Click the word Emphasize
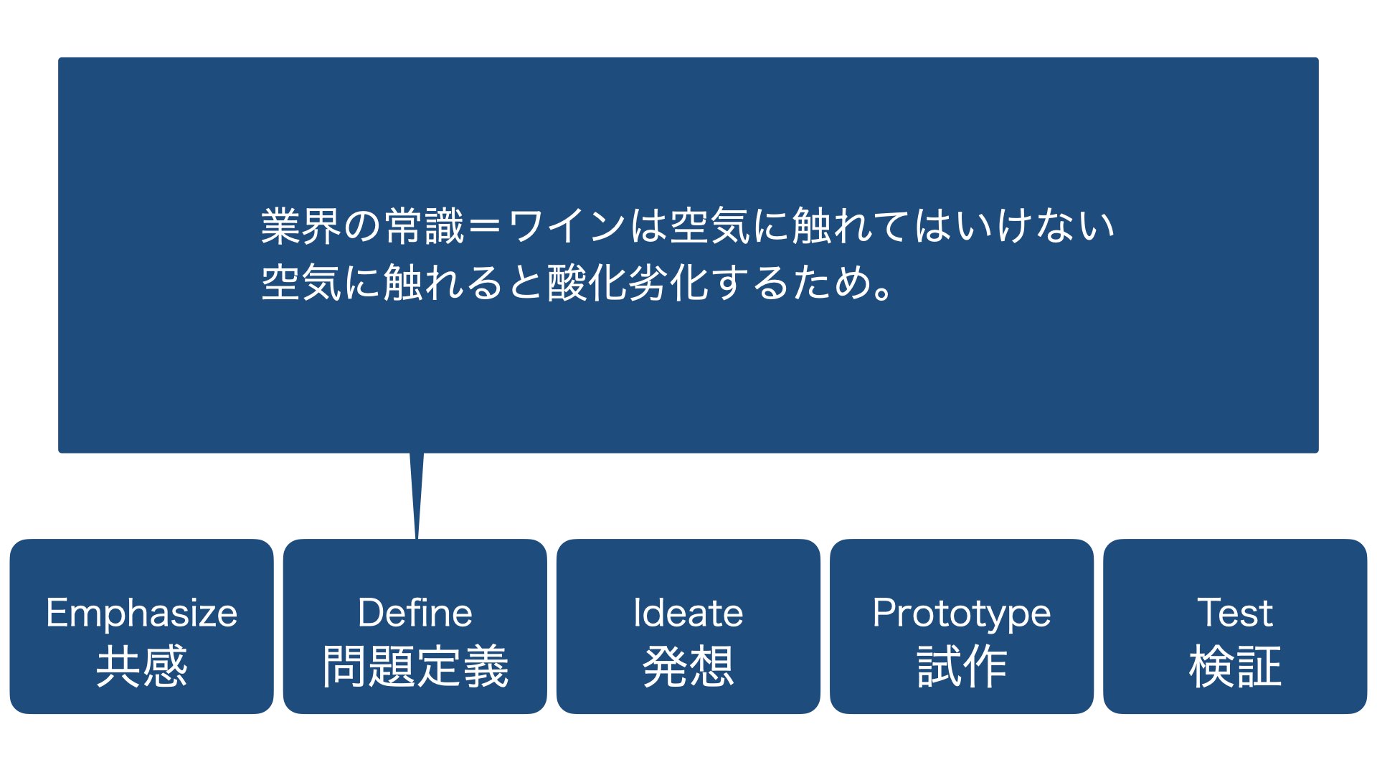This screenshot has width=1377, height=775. tap(141, 614)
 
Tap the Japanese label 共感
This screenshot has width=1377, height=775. tap(142, 667)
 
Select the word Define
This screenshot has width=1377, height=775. tap(415, 614)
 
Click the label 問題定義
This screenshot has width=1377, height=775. tap(415, 667)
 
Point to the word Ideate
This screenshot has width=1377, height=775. tap(688, 614)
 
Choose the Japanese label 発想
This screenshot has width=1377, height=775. tap(688, 667)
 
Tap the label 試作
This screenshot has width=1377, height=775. tap(962, 667)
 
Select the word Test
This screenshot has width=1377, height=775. tap(1235, 614)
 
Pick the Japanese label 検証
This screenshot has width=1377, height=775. tap(1235, 667)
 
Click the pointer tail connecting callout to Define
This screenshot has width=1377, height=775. tap(417, 495)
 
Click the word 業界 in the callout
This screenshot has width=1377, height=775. tap(301, 226)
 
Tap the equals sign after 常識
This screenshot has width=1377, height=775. tap(484, 226)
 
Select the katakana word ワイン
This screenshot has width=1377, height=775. tap(567, 226)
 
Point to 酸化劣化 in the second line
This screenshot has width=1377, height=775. tap(628, 282)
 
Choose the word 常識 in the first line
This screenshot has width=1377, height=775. tap(425, 226)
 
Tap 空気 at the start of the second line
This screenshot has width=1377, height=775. tap(301, 282)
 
